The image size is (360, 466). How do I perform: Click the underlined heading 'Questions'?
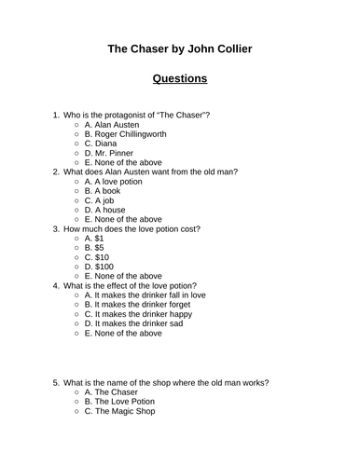tap(180, 78)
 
